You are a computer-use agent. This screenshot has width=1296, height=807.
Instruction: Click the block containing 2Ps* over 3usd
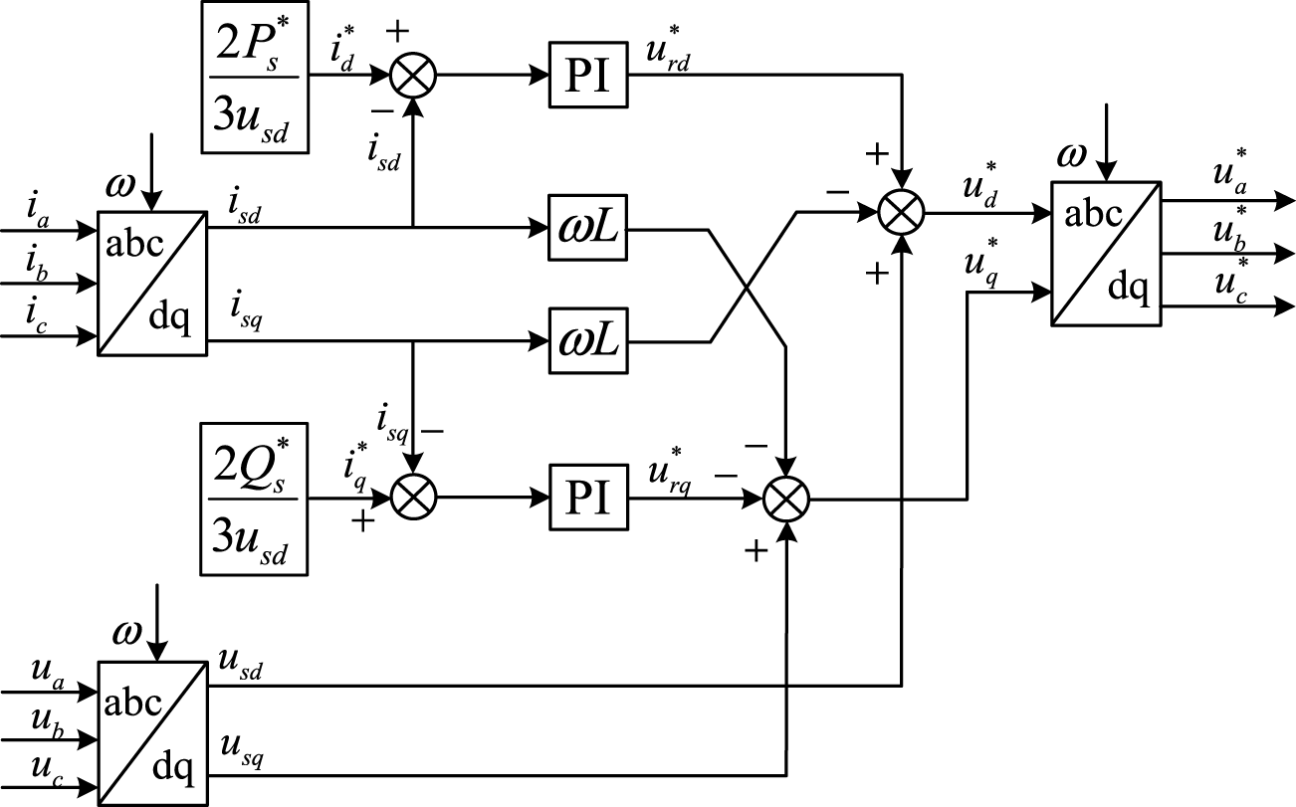click(256, 78)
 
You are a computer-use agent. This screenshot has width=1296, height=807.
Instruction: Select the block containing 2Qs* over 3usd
click(256, 499)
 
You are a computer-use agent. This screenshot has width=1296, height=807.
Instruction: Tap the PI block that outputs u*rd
click(589, 77)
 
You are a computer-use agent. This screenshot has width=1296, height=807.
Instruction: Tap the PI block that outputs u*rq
click(589, 498)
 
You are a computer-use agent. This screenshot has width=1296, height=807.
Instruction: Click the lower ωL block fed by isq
click(589, 341)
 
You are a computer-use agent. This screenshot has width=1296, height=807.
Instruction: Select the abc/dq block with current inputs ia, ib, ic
click(151, 284)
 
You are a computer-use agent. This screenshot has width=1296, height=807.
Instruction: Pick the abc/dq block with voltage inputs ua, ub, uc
click(151, 732)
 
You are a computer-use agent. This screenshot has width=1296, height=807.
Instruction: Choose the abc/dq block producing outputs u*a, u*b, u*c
click(1106, 254)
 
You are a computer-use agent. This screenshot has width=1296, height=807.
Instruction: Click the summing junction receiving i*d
click(411, 77)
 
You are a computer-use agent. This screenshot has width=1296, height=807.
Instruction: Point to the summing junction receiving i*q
click(411, 498)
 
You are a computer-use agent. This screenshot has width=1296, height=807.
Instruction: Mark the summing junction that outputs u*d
click(902, 211)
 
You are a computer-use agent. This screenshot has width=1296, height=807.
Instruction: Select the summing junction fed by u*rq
click(787, 498)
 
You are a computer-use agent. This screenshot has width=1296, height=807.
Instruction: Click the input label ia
click(37, 212)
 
